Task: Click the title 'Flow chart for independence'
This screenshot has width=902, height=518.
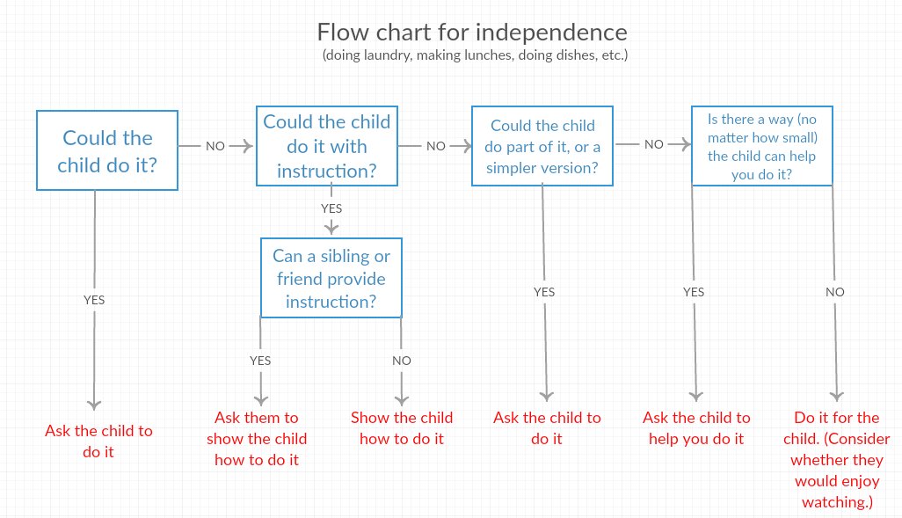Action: tap(472, 33)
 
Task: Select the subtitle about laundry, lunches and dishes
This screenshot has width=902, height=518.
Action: tap(475, 55)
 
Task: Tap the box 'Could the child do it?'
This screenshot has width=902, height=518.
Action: tap(107, 150)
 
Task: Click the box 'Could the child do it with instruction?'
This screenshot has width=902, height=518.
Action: tap(327, 146)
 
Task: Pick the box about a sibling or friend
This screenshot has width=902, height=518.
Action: tap(331, 278)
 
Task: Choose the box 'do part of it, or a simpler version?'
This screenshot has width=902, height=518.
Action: tap(542, 146)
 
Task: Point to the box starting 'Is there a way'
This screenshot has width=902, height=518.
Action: tap(761, 145)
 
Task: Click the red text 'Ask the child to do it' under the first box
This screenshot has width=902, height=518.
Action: tap(98, 441)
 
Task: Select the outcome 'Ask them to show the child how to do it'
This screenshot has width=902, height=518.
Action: tap(257, 438)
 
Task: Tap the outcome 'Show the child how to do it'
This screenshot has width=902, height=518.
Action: tap(402, 428)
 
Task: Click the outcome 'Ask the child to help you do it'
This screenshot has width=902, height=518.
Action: tap(696, 428)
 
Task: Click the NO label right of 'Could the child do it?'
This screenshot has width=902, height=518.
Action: tap(215, 146)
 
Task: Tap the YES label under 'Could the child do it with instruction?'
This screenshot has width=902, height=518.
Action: tap(331, 209)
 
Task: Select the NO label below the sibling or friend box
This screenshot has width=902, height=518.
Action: tap(402, 361)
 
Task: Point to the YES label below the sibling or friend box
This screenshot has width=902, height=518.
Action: tap(260, 361)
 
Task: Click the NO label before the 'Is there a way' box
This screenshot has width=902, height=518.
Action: tap(653, 144)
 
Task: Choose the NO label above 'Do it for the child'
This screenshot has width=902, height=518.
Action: tap(835, 292)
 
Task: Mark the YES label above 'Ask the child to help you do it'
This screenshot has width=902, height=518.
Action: tap(694, 292)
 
